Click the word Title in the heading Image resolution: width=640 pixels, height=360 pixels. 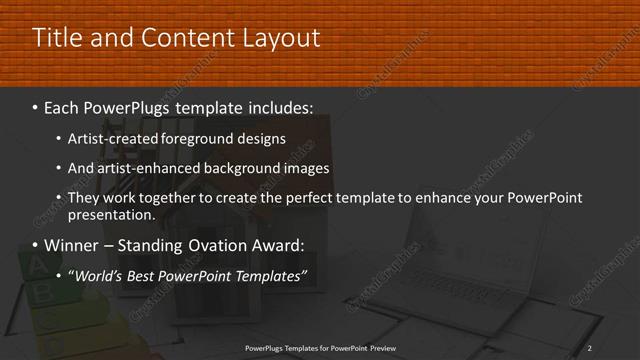pyautogui.click(x=58, y=38)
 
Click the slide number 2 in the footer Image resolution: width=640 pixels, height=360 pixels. pyautogui.click(x=590, y=347)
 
